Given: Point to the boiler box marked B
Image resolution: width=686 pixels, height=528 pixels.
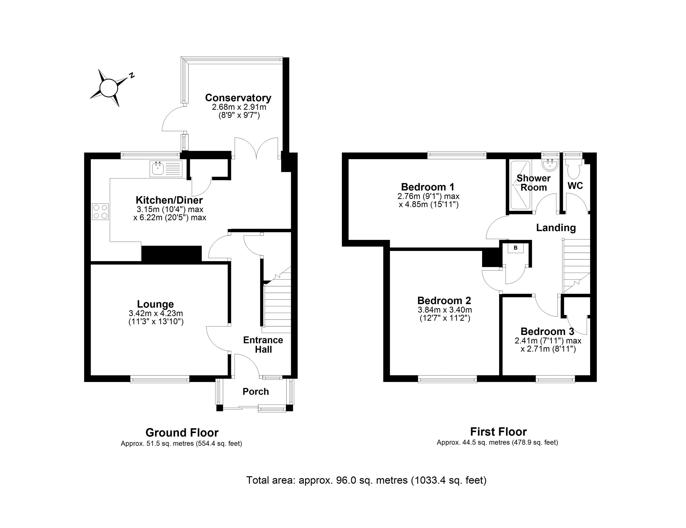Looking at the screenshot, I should point(516,248).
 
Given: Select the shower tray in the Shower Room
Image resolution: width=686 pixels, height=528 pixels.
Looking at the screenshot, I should point(520,185).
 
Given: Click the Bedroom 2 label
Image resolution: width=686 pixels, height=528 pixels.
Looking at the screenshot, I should point(444,301).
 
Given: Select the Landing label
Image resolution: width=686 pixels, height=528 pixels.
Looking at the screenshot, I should point(556,228).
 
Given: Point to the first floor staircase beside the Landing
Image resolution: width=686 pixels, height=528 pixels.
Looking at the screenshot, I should point(577,265).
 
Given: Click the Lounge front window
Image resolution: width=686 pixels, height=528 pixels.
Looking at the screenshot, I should point(160,380).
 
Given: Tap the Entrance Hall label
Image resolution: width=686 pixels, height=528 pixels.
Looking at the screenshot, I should point(263,345).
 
